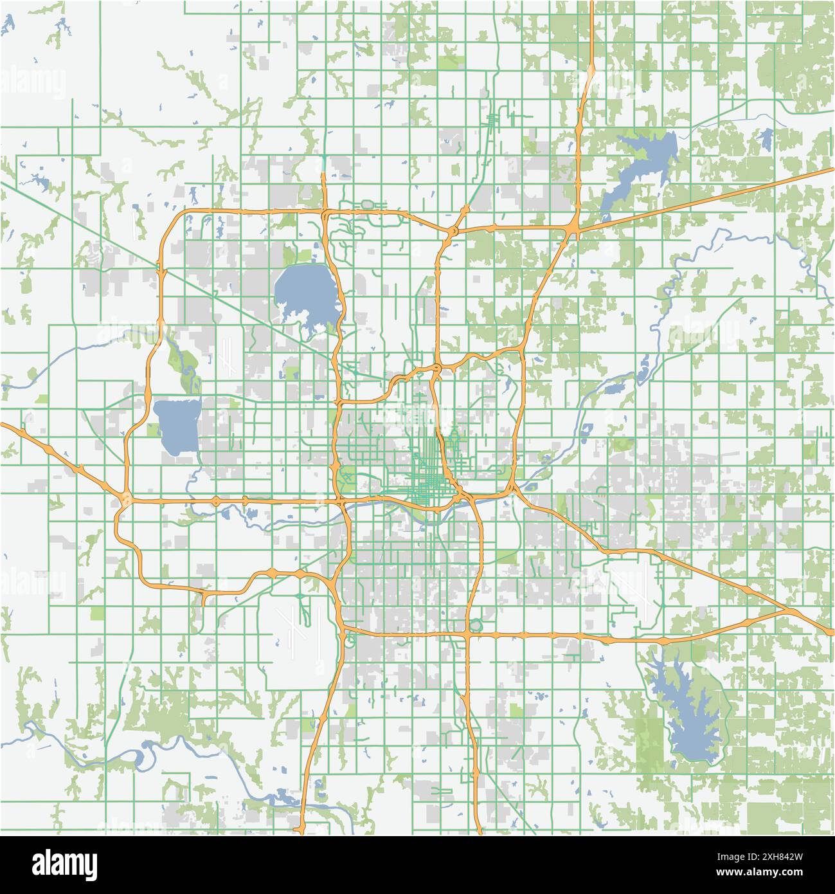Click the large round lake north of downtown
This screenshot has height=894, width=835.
pyautogui.click(x=304, y=293)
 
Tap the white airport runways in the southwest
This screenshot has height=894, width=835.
pyautogui.click(x=302, y=627)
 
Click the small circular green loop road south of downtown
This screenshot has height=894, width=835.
pyautogui.click(x=476, y=625)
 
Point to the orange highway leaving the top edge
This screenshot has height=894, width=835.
pyautogui.click(x=591, y=26)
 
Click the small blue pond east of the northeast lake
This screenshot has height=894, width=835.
pyautogui.click(x=765, y=138)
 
